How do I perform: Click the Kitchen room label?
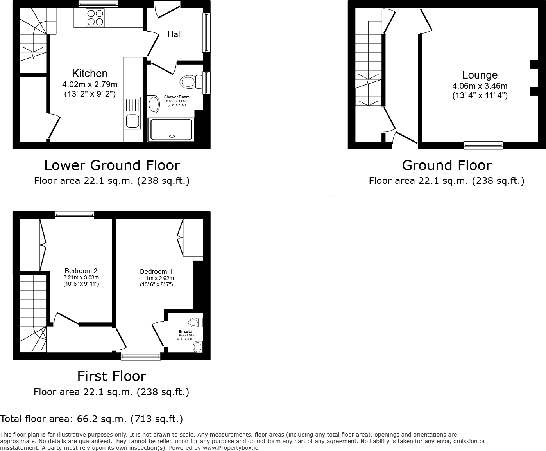pos(90,74)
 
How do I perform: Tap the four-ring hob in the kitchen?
pos(95,18)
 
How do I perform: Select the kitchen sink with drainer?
pos(132,113)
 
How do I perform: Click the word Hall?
pos(174,34)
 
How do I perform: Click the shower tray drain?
pos(172,136)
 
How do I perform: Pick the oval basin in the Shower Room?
pos(154,104)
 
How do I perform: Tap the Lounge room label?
pos(480,75)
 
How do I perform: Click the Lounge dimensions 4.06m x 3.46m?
pos(480,86)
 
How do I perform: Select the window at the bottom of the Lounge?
pos(483,146)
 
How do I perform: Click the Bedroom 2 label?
pos(81,271)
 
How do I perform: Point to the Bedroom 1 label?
pos(156,271)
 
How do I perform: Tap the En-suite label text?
pos(185,332)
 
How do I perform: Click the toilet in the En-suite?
pos(195,322)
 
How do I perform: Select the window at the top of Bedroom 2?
pos(74,215)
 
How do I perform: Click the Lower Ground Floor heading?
pos(112,165)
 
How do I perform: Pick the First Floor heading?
pos(111,376)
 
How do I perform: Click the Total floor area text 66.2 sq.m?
pos(91,419)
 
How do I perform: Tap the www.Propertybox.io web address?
pos(230,448)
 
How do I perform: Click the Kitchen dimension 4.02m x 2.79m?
pos(90,84)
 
